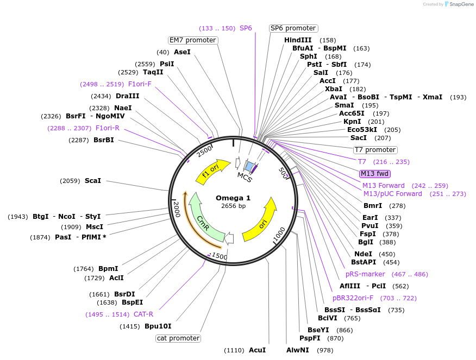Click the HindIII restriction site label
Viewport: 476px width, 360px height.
pos(298,40)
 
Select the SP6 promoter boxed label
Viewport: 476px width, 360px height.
pos(293,28)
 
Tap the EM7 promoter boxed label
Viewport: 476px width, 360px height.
pos(193,40)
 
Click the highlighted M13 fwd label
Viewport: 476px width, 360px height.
pos(375,174)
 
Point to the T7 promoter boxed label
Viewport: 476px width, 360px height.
pos(375,150)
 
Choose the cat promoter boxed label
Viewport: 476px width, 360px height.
pos(178,338)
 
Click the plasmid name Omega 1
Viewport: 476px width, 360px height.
pos(233,198)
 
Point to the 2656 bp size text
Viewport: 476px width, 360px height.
pos(233,206)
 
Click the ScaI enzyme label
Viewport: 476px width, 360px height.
pos(93,180)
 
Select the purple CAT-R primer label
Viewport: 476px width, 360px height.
pos(143,314)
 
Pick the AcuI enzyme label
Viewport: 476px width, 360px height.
pos(257,350)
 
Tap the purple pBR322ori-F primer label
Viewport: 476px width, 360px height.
pos(353,298)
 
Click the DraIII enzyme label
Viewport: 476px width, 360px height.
pos(128,96)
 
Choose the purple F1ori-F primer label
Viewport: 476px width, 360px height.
pos(140,84)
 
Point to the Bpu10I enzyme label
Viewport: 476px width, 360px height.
pos(158,326)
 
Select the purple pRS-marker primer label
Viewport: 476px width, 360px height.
pos(365,274)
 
